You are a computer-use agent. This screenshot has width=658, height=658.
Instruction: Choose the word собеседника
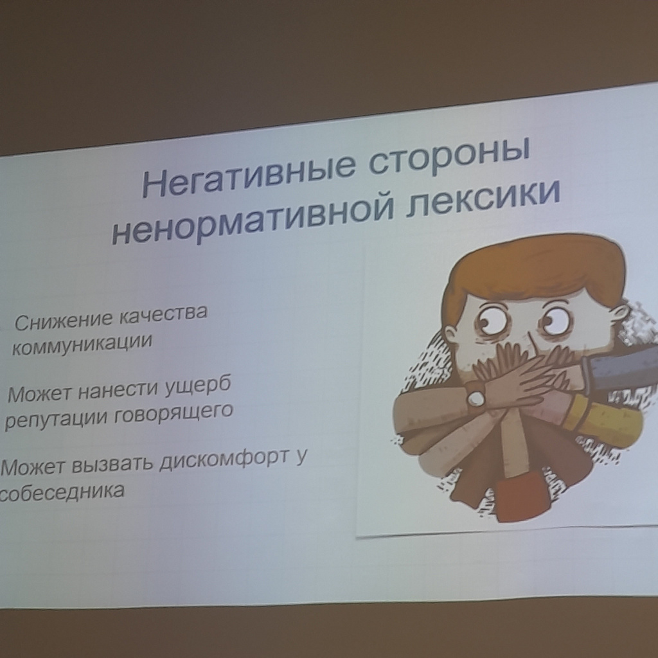[62, 492]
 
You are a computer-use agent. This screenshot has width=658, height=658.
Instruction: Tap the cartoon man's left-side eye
[492, 322]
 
